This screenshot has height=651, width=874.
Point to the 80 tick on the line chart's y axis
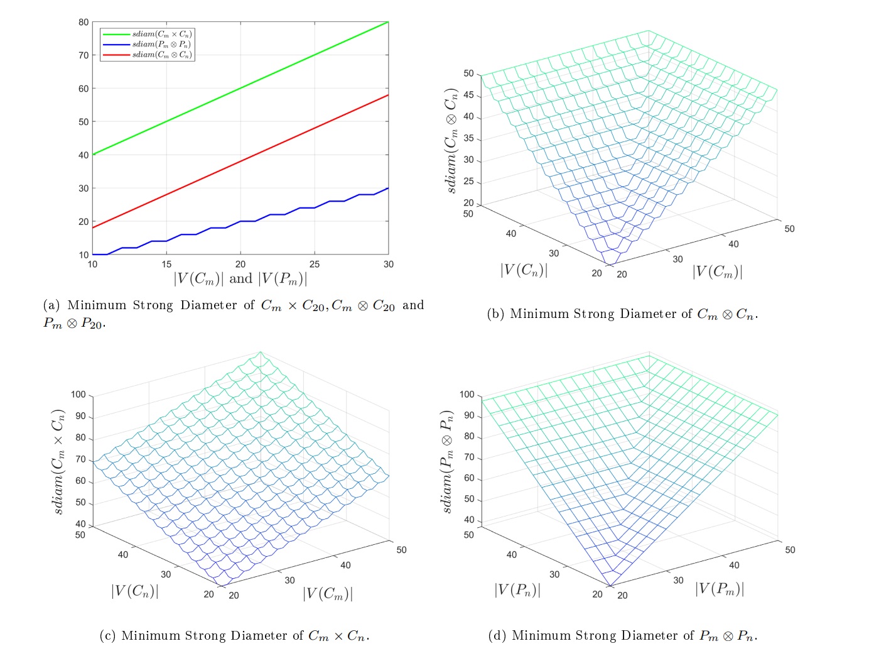(x=84, y=22)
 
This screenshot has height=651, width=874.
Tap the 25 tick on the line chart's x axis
(x=315, y=265)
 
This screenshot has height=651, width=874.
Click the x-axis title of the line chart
(x=240, y=278)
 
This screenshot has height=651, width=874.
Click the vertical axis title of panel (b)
(x=451, y=140)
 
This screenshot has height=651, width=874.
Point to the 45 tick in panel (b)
(x=468, y=96)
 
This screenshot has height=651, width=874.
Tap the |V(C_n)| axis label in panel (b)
(x=524, y=270)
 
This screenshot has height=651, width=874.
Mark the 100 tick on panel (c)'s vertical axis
(x=78, y=395)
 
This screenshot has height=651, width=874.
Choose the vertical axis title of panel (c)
(x=59, y=462)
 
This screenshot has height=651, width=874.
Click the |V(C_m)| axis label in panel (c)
(x=328, y=593)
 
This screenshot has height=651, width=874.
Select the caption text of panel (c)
(x=234, y=636)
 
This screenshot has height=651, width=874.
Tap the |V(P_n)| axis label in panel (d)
(x=517, y=590)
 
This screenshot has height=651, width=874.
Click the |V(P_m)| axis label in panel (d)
(x=720, y=589)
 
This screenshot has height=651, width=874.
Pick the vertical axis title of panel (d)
(x=447, y=461)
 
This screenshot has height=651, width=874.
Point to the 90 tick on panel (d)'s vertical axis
(x=469, y=416)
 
